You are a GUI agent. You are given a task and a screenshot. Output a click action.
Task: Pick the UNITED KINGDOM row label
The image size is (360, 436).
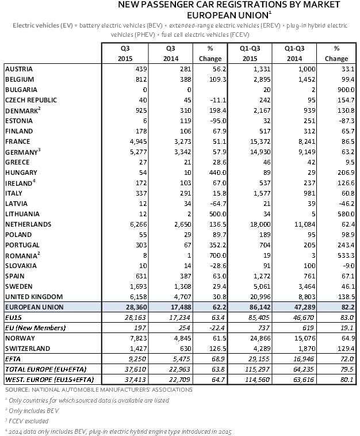[x=32, y=297]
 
